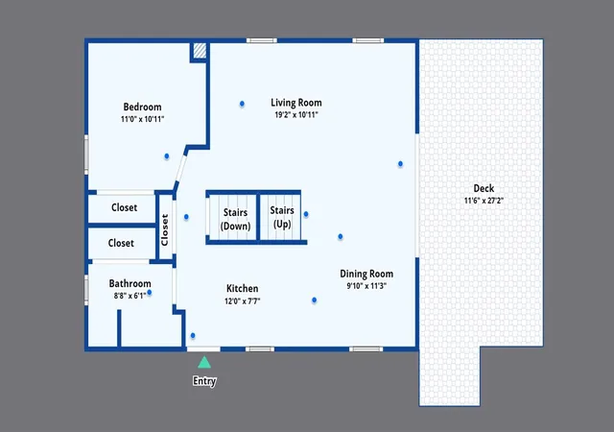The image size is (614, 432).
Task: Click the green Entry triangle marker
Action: click(204, 363)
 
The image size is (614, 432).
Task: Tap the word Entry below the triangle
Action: click(204, 381)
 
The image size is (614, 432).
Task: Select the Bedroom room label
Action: click(143, 107)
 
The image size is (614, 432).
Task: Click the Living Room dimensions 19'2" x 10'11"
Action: click(296, 115)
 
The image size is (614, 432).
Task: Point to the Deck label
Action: click(484, 188)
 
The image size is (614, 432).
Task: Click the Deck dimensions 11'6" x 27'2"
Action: click(484, 201)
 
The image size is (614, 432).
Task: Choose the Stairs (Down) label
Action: click(235, 219)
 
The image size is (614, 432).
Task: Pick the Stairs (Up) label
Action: click(282, 217)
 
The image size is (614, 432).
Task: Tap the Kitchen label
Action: click(243, 289)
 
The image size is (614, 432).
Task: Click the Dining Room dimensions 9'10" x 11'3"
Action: click(366, 286)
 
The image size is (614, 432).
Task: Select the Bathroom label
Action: click(130, 283)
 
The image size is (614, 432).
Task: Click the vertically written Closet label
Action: click(165, 230)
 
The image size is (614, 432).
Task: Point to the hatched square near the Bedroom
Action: click(200, 51)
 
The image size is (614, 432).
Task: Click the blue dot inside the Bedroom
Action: click(167, 156)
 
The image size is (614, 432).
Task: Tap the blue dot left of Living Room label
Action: click(242, 104)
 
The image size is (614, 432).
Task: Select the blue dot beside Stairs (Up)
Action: click(306, 214)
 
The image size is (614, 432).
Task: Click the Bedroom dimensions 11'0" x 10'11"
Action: click(143, 119)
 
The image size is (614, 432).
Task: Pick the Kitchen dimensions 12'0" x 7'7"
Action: click(243, 301)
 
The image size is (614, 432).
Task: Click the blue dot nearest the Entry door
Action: click(193, 336)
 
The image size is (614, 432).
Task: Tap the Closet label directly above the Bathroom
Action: click(121, 243)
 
